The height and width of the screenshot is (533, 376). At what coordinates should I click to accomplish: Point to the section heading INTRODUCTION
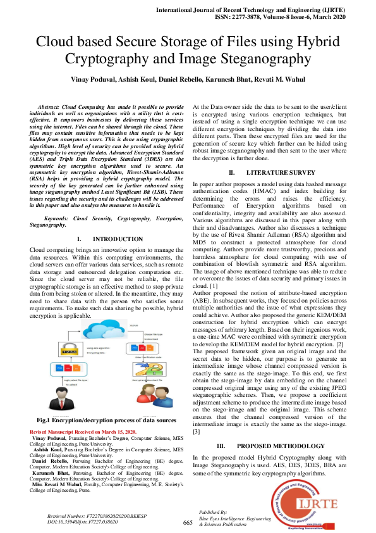117,239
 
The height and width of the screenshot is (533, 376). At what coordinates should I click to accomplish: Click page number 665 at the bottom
187,522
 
